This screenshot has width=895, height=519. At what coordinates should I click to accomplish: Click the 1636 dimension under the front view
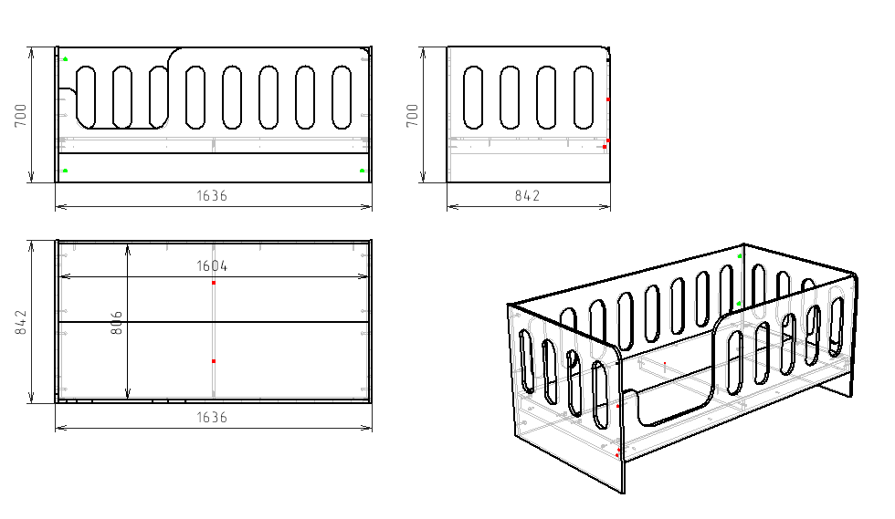pyautogui.click(x=212, y=195)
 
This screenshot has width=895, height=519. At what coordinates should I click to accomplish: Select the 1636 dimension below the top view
pyautogui.click(x=212, y=418)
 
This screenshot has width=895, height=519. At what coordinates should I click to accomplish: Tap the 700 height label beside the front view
pyautogui.click(x=20, y=115)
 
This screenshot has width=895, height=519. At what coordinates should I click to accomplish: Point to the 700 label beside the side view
pyautogui.click(x=413, y=115)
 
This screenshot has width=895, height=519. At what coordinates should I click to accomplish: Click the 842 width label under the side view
pyautogui.click(x=528, y=195)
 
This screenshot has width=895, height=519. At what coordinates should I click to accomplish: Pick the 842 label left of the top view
pyautogui.click(x=20, y=322)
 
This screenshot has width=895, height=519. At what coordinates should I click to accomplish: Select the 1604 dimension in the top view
pyautogui.click(x=212, y=265)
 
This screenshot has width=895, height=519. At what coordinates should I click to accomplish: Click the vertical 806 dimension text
pyautogui.click(x=116, y=322)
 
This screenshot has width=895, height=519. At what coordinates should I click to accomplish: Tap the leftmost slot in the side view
pyautogui.click(x=473, y=98)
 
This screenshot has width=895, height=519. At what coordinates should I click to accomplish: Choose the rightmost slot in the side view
pyautogui.click(x=584, y=98)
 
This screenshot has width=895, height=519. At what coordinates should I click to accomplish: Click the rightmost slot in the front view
pyautogui.click(x=342, y=98)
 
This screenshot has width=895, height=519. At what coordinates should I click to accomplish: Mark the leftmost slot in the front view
pyautogui.click(x=86, y=98)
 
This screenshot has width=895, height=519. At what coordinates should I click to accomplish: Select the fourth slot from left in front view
pyautogui.click(x=195, y=98)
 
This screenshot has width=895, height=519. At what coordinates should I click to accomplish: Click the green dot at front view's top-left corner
pyautogui.click(x=66, y=58)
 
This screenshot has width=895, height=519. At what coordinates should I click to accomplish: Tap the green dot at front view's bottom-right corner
pyautogui.click(x=362, y=171)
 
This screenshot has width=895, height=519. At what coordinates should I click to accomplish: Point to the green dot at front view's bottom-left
pyautogui.click(x=66, y=171)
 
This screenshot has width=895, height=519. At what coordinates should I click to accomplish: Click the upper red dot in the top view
pyautogui.click(x=214, y=283)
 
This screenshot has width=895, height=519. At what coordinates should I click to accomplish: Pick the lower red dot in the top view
pyautogui.click(x=214, y=361)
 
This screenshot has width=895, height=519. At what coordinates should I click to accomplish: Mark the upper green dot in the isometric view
pyautogui.click(x=740, y=256)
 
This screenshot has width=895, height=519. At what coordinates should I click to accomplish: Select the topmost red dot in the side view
pyautogui.click(x=608, y=99)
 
